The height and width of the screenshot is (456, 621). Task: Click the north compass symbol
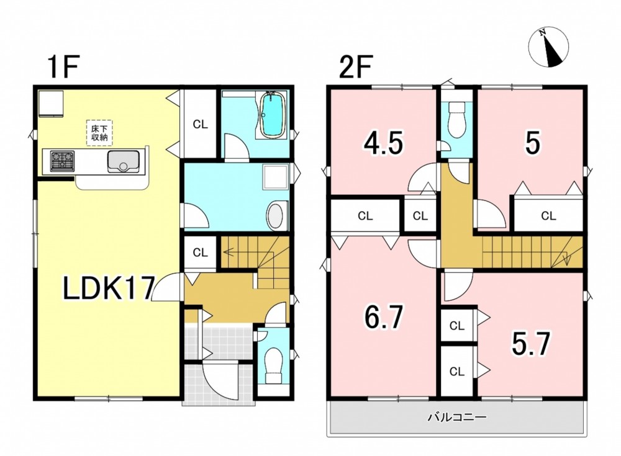click(548, 47)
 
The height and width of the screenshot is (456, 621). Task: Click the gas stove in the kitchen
click(62, 161)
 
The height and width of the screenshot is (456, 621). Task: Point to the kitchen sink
click(123, 161)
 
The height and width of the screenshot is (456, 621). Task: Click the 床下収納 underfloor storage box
click(99, 133)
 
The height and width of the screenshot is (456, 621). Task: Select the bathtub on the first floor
click(272, 114)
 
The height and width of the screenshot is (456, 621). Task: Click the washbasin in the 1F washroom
click(277, 215)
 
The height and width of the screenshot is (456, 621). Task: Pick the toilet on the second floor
click(457, 118)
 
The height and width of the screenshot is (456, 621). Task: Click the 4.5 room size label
click(384, 143)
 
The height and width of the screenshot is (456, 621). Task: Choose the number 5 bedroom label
click(532, 143)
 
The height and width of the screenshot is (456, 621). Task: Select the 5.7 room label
click(531, 344)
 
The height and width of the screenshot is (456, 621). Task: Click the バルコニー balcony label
click(456, 417)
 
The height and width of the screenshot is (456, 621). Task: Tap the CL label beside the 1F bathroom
click(201, 124)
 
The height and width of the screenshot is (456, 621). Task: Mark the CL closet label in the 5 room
click(548, 216)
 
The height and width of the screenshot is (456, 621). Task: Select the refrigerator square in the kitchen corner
click(51, 104)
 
